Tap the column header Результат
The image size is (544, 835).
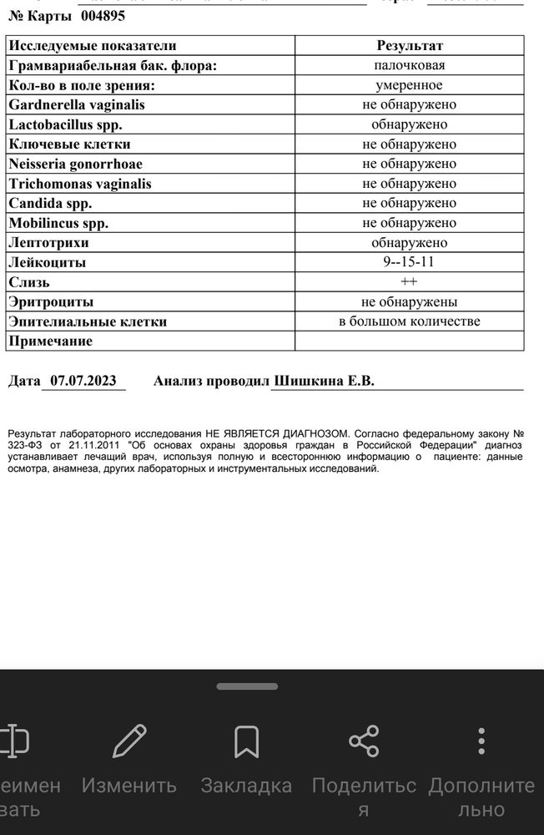coord(409,46)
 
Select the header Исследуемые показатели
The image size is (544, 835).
coord(92,46)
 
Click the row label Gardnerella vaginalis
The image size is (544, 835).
coord(77,105)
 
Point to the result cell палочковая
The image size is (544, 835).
coord(409,65)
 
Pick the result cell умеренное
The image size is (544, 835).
coord(409,85)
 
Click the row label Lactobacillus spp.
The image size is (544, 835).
coord(66,124)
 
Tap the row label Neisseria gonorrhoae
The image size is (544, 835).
coord(75,164)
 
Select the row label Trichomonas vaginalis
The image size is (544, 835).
coord(80,184)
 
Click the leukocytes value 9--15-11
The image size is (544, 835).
coord(409,262)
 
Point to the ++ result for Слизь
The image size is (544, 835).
coord(409,282)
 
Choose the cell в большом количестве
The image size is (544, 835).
coord(409,321)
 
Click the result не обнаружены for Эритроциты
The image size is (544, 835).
coord(409,301)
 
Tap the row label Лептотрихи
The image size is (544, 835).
coord(48,243)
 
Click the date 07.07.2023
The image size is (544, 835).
coord(83,381)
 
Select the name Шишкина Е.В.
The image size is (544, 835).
coord(324,381)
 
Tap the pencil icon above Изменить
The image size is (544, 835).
coord(129,741)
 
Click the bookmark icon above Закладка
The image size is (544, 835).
coord(246,741)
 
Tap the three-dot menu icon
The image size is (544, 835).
coord(481,741)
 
